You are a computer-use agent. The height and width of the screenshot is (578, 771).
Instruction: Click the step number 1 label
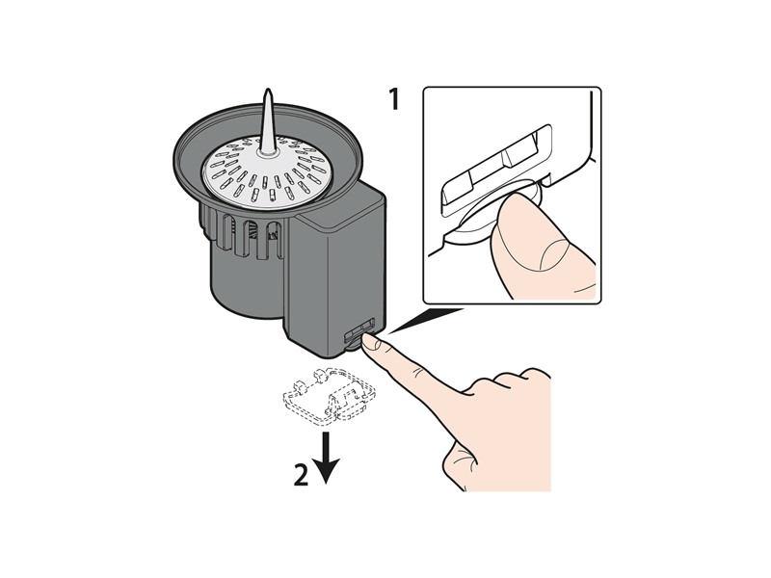point(394,99)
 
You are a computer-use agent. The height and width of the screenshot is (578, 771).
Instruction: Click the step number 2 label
point(301,474)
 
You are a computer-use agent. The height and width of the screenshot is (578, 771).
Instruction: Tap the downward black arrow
point(326,458)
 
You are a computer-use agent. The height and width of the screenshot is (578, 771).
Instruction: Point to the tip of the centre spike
point(268,89)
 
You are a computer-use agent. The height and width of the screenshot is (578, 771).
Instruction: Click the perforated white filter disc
point(268,171)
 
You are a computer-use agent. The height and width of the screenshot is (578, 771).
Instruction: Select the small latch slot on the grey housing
point(359,329)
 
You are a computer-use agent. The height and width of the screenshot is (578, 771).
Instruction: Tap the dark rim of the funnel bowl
point(268,155)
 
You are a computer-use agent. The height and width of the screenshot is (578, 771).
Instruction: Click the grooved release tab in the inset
point(496,170)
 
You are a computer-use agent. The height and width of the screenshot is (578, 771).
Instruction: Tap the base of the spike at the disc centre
point(267,152)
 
